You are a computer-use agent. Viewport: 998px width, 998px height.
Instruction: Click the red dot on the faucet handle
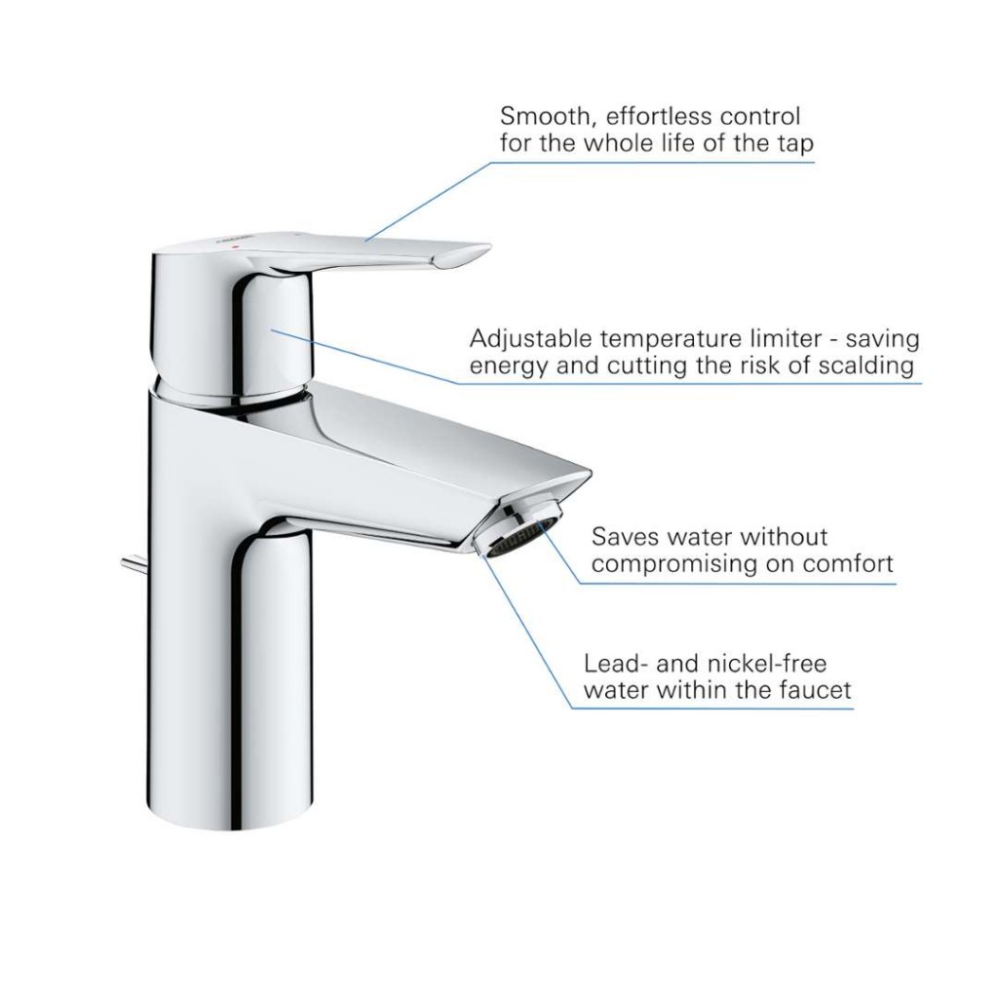pos(238,245)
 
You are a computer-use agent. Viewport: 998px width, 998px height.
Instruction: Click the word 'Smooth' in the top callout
pos(544,118)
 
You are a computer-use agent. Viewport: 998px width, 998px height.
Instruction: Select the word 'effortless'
pos(658,117)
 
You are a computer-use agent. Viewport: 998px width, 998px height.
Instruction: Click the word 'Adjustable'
pos(530,339)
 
